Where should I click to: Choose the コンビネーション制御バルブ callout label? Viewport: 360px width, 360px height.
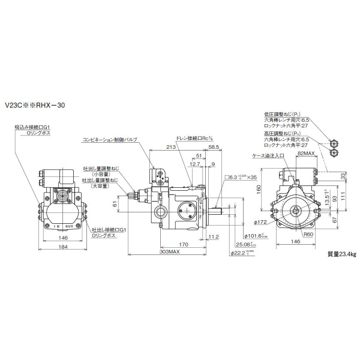coord(110,139)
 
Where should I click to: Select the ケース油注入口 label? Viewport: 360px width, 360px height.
coord(268,155)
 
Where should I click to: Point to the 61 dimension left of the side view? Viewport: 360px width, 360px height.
coord(114,204)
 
